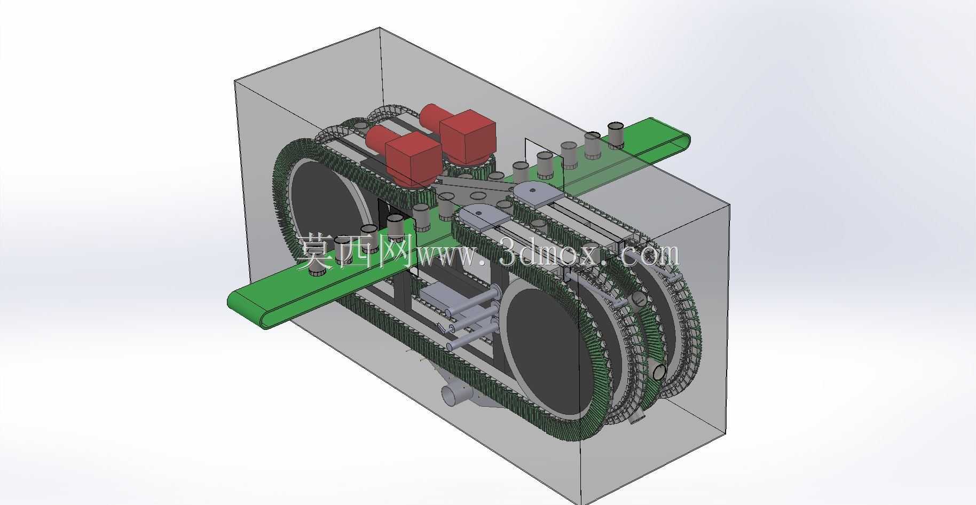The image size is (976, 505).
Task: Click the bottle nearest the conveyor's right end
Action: (616, 135)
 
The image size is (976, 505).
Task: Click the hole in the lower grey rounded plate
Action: (478, 212)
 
